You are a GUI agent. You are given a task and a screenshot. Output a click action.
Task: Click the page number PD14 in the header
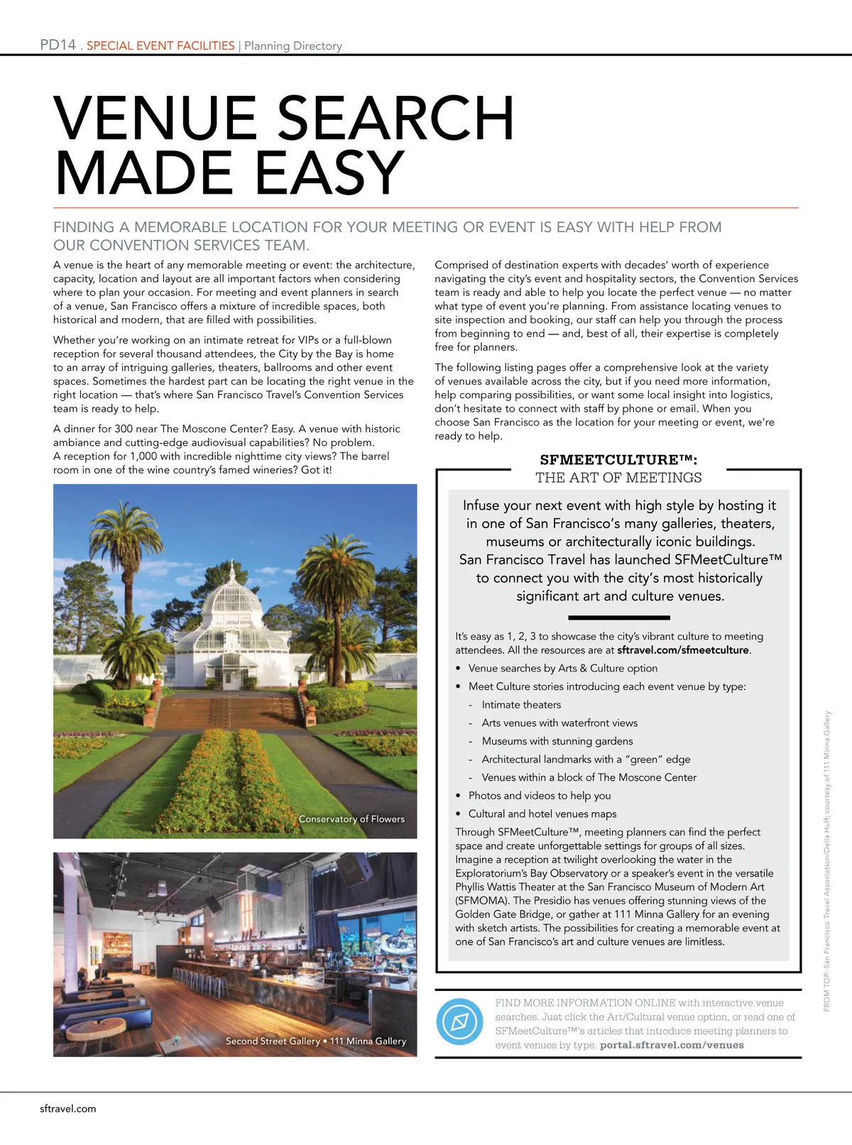tap(58, 45)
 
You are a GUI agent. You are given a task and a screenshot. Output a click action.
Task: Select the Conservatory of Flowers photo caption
tap(351, 819)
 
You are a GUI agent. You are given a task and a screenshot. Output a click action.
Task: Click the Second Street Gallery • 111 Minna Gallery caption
tap(316, 1041)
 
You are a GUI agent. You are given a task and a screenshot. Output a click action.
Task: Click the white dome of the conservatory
tap(232, 593)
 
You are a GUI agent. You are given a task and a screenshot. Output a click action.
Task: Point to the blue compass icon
tap(459, 1022)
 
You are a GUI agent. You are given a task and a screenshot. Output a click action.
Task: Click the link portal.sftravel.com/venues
tap(672, 1045)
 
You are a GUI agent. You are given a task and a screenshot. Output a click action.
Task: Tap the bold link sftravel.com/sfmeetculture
tap(683, 650)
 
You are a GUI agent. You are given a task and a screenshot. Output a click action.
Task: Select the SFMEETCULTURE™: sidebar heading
tap(618, 460)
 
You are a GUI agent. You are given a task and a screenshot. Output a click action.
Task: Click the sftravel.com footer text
tap(68, 1109)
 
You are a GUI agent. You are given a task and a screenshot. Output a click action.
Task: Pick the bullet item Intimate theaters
tap(521, 705)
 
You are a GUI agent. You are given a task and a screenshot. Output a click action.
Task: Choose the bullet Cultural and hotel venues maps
tap(542, 813)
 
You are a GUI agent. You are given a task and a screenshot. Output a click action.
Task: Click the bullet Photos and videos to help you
tap(540, 796)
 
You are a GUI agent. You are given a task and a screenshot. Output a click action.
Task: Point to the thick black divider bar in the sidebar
tap(619, 618)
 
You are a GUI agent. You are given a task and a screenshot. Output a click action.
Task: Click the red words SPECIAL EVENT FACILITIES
tap(160, 45)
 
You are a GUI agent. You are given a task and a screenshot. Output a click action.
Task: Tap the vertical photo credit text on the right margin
tap(826, 860)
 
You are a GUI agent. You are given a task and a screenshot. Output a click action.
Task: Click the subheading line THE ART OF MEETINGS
tap(618, 478)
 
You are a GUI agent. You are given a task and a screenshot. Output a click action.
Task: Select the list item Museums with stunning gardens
tap(557, 741)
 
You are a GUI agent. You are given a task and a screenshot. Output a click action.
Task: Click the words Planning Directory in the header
tap(293, 46)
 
